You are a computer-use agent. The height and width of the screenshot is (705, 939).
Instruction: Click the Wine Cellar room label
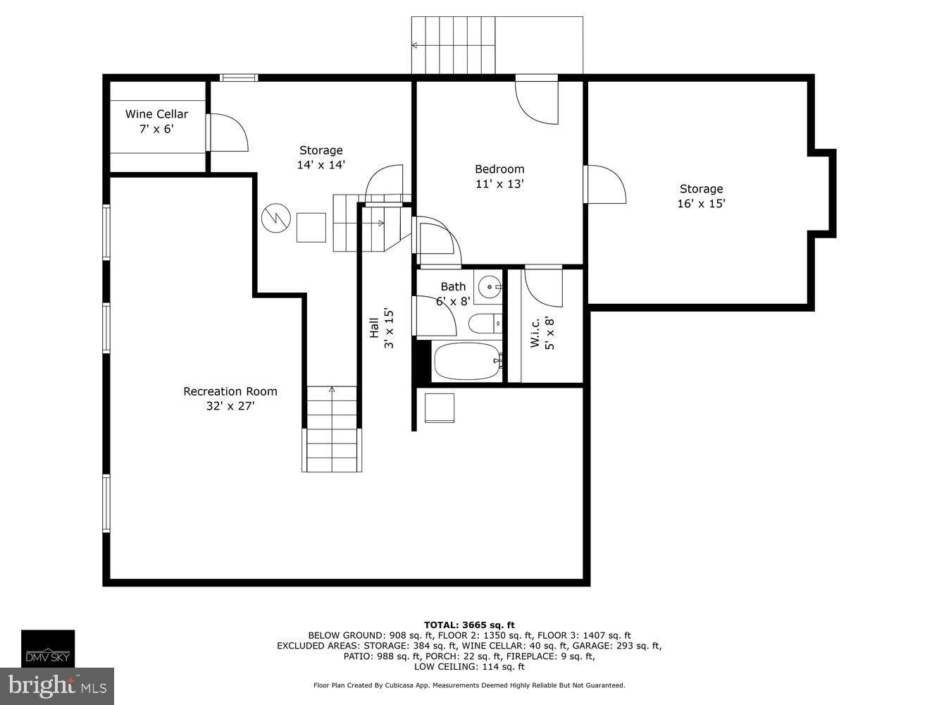[x=156, y=121]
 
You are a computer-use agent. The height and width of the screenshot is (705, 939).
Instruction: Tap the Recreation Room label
[x=230, y=398]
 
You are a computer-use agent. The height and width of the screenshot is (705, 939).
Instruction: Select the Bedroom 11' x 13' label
[x=499, y=176]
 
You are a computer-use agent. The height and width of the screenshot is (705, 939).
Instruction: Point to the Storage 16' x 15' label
[x=701, y=196]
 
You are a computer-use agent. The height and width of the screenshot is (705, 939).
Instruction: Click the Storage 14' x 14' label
[x=321, y=157]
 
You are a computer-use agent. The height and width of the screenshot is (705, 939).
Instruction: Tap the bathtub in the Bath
[x=467, y=362]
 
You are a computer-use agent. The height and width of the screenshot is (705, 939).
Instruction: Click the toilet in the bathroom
[x=485, y=324]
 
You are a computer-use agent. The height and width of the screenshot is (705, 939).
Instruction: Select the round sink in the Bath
[x=489, y=287]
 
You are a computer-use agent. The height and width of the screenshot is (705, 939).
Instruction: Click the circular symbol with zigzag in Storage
[x=275, y=218]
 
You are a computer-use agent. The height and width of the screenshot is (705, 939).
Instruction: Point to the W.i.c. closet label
[x=542, y=332]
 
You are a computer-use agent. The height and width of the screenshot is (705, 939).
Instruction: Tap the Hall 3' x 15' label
[x=381, y=328]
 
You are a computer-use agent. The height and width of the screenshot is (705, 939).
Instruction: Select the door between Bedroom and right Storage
[x=606, y=185]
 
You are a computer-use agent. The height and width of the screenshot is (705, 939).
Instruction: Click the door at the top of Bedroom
[x=537, y=100]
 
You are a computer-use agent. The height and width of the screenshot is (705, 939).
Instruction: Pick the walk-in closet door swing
[x=545, y=286]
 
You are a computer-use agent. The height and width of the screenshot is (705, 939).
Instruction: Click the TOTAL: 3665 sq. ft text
[x=469, y=625]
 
